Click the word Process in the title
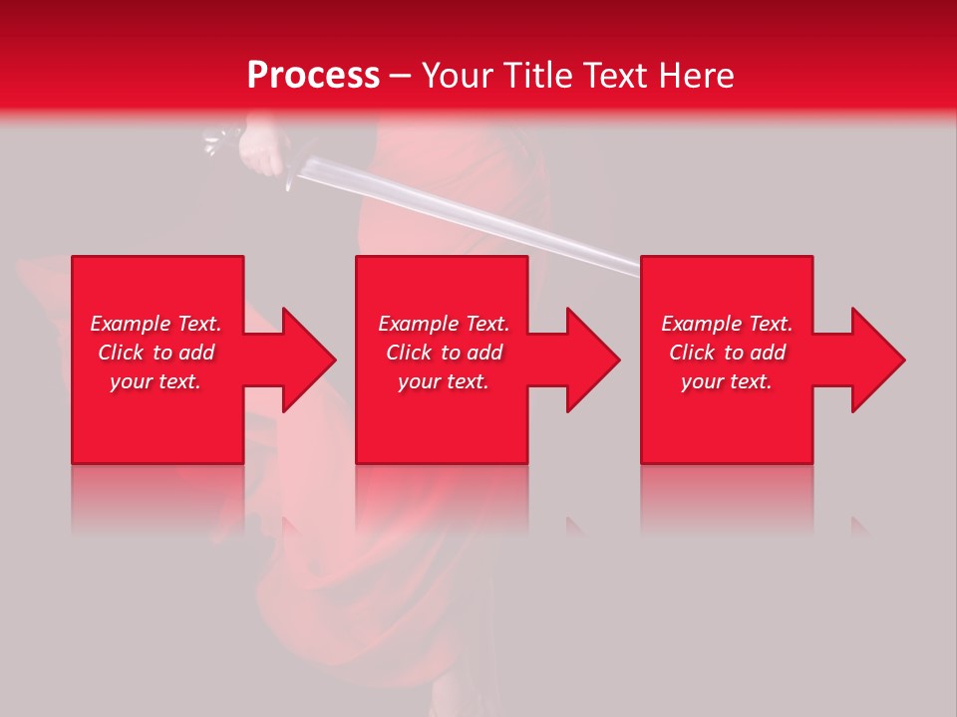(313, 76)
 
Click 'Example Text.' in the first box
(156, 324)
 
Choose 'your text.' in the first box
(156, 381)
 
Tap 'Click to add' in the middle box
(444, 353)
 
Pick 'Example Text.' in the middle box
(444, 324)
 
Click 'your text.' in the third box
(727, 381)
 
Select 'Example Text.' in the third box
(727, 324)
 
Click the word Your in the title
(456, 76)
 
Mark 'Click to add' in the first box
(156, 353)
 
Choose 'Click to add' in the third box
(727, 353)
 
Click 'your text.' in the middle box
(444, 381)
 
